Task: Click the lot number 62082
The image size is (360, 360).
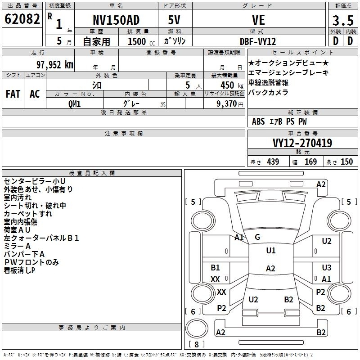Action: coord(22,19)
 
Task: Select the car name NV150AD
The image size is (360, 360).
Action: coord(116,20)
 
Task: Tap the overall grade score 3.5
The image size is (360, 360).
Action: coord(343,20)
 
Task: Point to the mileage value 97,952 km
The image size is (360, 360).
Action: coord(55,65)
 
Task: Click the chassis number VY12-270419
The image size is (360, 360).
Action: coord(302,143)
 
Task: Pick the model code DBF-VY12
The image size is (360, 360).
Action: coord(258,41)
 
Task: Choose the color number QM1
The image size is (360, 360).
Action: coord(74,104)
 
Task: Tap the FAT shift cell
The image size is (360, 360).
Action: coord(13,94)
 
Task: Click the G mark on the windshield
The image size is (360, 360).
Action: coord(257,237)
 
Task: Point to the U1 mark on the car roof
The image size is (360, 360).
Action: coord(271,250)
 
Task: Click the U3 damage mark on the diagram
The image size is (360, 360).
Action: coord(327,267)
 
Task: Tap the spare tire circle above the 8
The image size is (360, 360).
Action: coord(197,328)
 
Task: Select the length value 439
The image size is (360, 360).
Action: coord(273,162)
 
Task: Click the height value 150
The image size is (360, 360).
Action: coord(346,162)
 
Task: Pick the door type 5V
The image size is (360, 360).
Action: coord(174,20)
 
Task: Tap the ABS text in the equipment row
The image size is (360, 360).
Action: coord(258,121)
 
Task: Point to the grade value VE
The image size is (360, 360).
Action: coord(258,20)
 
